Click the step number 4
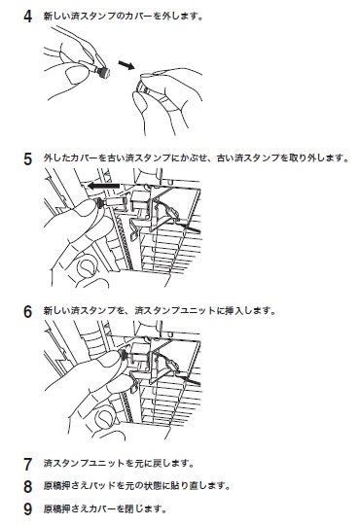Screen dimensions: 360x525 click(x=28, y=17)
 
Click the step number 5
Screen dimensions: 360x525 click(x=28, y=158)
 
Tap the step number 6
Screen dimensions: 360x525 click(x=28, y=312)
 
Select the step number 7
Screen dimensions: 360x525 click(x=28, y=465)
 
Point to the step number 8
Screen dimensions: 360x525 click(x=28, y=486)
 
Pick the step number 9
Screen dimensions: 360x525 click(x=28, y=509)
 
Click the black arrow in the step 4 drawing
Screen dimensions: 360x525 click(x=126, y=65)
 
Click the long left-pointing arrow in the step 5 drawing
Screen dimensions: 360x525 click(x=103, y=186)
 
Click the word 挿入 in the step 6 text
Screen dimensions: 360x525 click(x=234, y=311)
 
